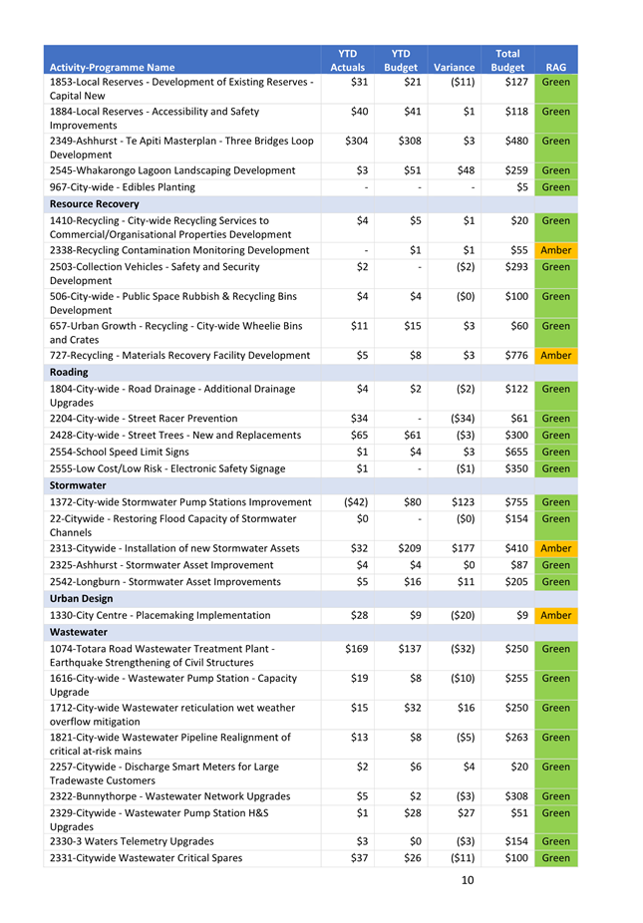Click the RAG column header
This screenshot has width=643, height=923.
point(556,68)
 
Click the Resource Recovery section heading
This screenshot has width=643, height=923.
point(95,203)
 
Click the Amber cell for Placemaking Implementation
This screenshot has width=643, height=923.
point(556,615)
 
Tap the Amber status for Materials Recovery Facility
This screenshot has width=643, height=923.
point(556,355)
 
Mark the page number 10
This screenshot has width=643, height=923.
point(468,880)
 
